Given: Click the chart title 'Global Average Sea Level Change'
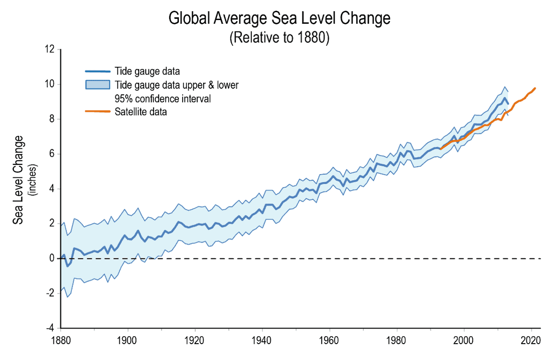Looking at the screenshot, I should (279, 19).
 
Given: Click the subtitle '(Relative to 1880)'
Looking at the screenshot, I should (279, 37).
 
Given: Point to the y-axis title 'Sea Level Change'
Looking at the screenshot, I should (18, 180).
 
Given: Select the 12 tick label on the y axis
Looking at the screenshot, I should (50, 50).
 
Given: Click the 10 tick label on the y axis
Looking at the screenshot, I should (50, 84).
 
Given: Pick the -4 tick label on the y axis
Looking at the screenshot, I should (51, 328).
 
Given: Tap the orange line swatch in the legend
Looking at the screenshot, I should (97, 112).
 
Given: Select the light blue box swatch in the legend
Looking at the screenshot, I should (97, 85).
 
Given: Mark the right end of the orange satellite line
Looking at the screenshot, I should (535, 88).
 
